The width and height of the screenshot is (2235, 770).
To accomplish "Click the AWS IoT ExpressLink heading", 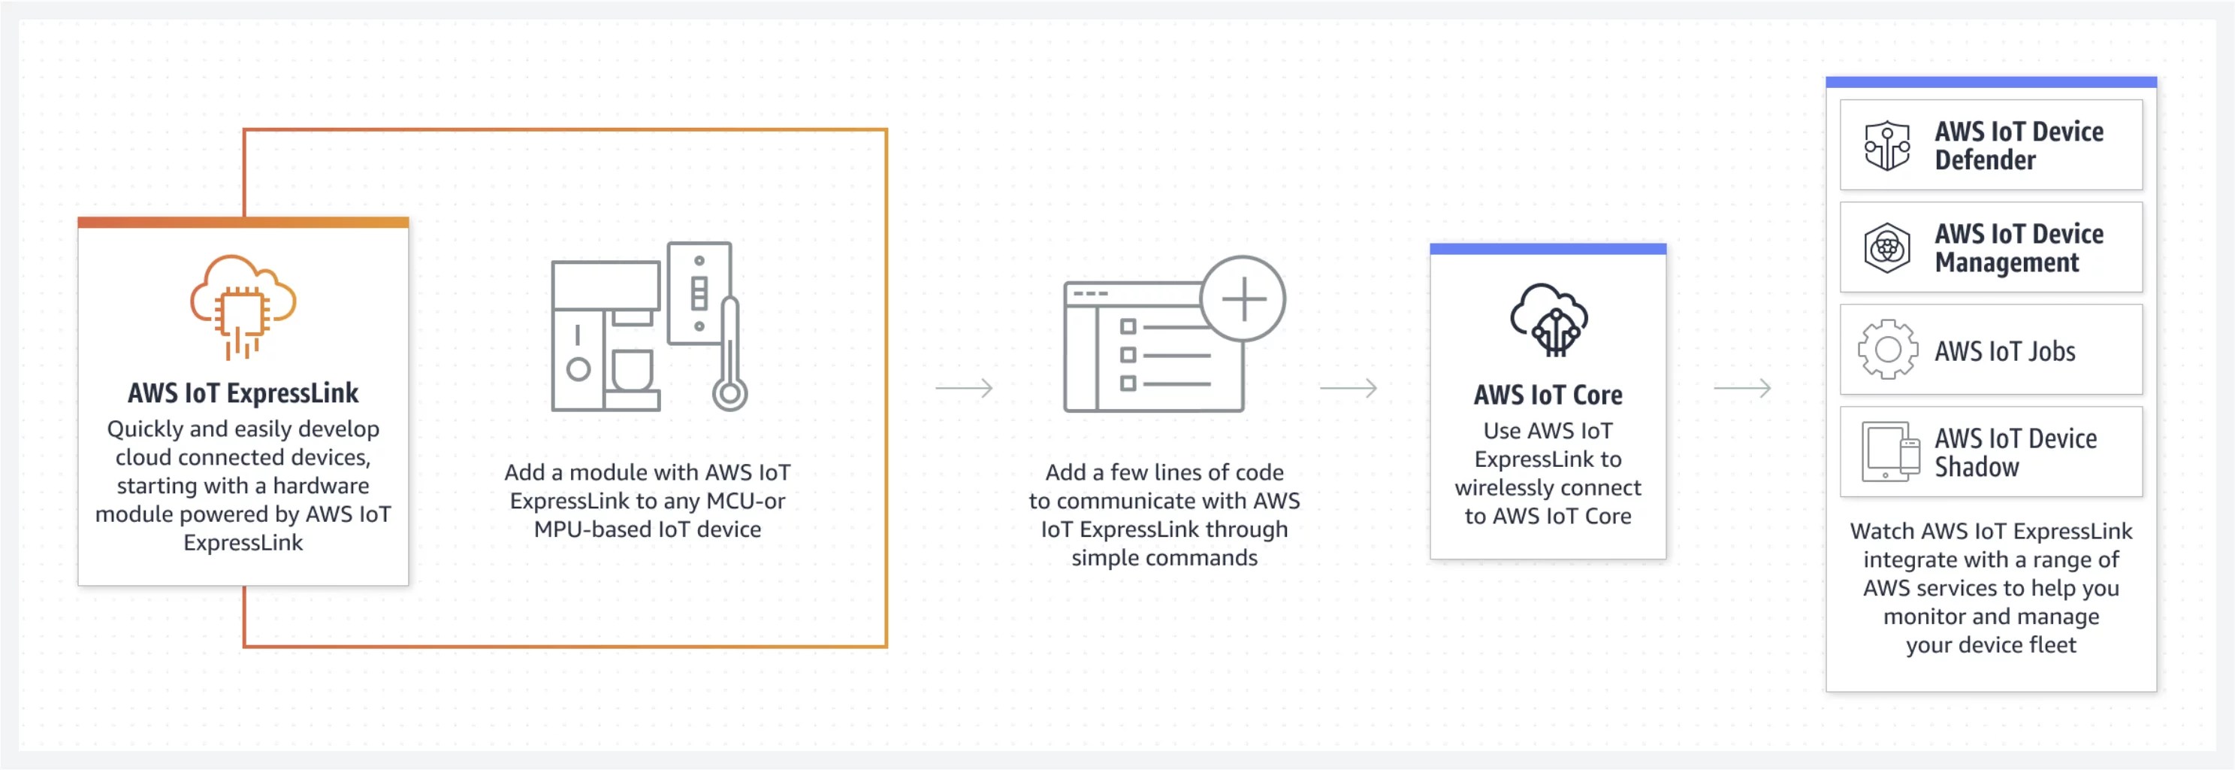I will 243,393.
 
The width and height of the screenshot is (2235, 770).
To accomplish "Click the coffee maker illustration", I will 606,335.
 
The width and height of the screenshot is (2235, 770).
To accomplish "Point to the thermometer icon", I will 729,356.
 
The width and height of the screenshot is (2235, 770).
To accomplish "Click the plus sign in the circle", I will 1243,299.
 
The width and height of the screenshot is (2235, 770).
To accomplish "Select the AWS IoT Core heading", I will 1548,395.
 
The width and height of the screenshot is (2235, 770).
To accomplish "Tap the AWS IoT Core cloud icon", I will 1548,320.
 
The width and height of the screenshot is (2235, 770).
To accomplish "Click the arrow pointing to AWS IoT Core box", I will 1349,388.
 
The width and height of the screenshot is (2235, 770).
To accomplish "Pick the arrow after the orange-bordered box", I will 964,388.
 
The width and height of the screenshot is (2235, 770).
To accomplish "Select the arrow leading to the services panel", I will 1742,388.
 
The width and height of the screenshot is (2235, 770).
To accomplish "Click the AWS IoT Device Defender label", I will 2018,146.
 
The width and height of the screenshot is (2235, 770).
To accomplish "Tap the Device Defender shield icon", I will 1887,146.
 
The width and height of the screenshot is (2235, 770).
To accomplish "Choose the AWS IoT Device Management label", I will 2018,248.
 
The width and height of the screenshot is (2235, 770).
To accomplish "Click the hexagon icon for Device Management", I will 1887,248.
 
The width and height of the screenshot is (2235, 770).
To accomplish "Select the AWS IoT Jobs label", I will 2004,350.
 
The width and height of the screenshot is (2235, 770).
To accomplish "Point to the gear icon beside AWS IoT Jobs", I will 1887,350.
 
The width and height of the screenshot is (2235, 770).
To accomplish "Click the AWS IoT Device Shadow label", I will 2015,452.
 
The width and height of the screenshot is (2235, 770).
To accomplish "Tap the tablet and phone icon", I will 1889,451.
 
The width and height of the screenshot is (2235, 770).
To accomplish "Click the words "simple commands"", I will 1164,557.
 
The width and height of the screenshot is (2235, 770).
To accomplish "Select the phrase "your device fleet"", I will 1990,645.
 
